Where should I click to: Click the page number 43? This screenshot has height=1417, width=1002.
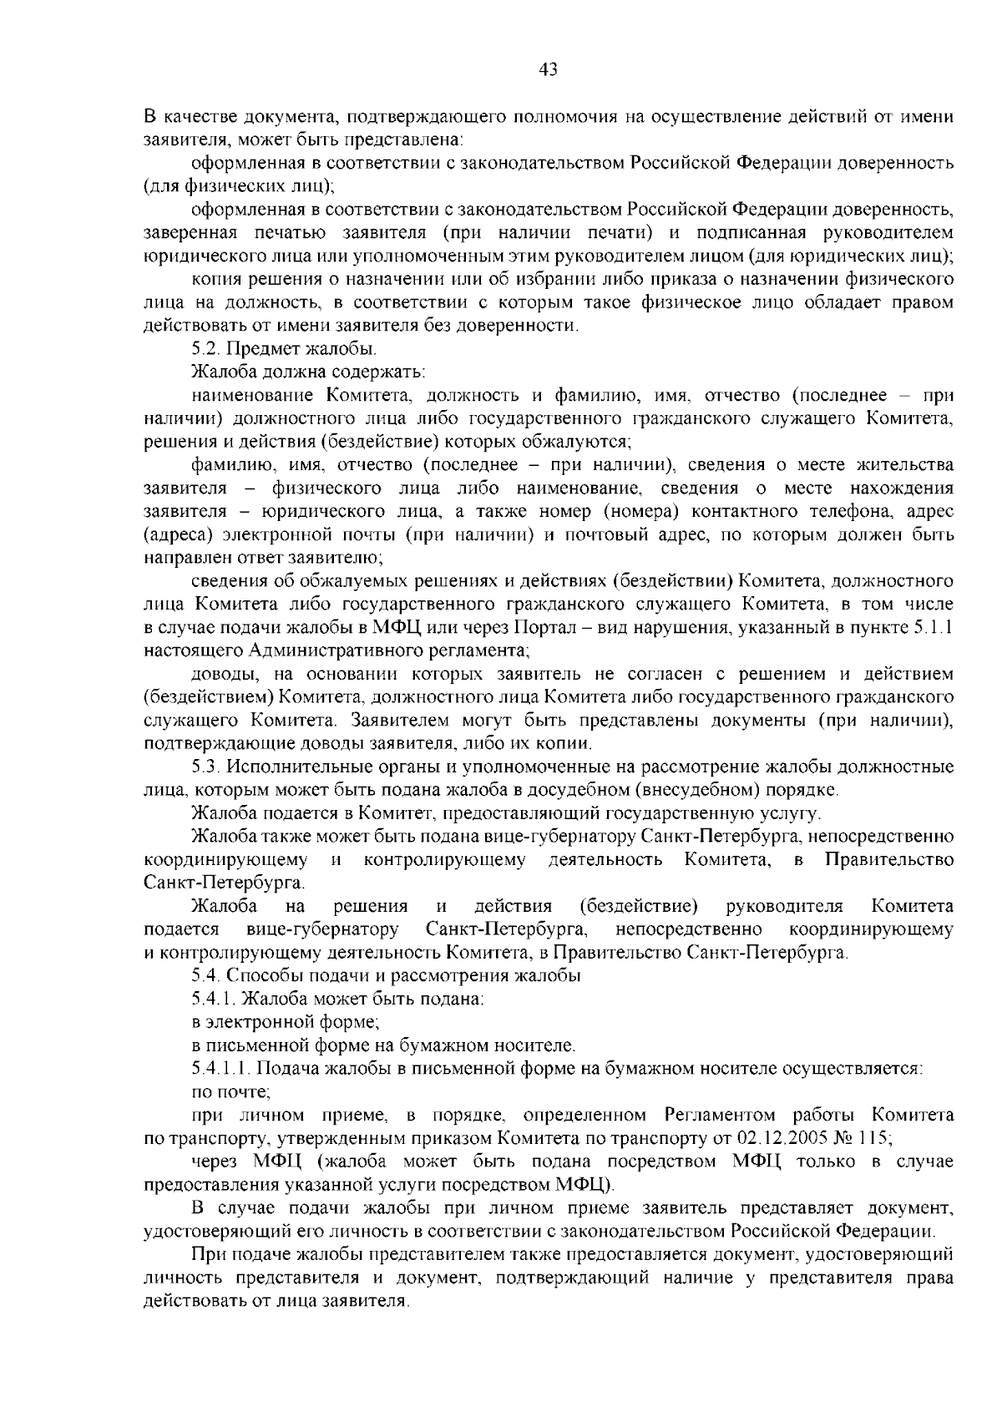pos(548,69)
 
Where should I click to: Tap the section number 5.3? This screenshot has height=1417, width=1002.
pos(205,766)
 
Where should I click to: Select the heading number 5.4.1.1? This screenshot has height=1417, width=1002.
pos(221,1068)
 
